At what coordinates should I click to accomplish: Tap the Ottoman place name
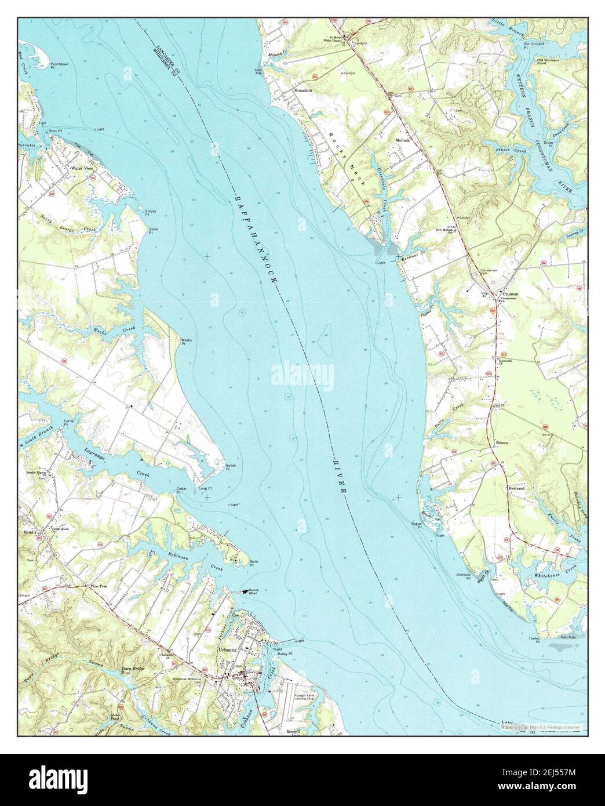(x=510, y=294)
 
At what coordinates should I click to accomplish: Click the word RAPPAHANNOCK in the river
(x=256, y=237)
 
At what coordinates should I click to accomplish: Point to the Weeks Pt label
(x=186, y=342)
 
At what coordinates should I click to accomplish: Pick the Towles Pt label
(x=534, y=641)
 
